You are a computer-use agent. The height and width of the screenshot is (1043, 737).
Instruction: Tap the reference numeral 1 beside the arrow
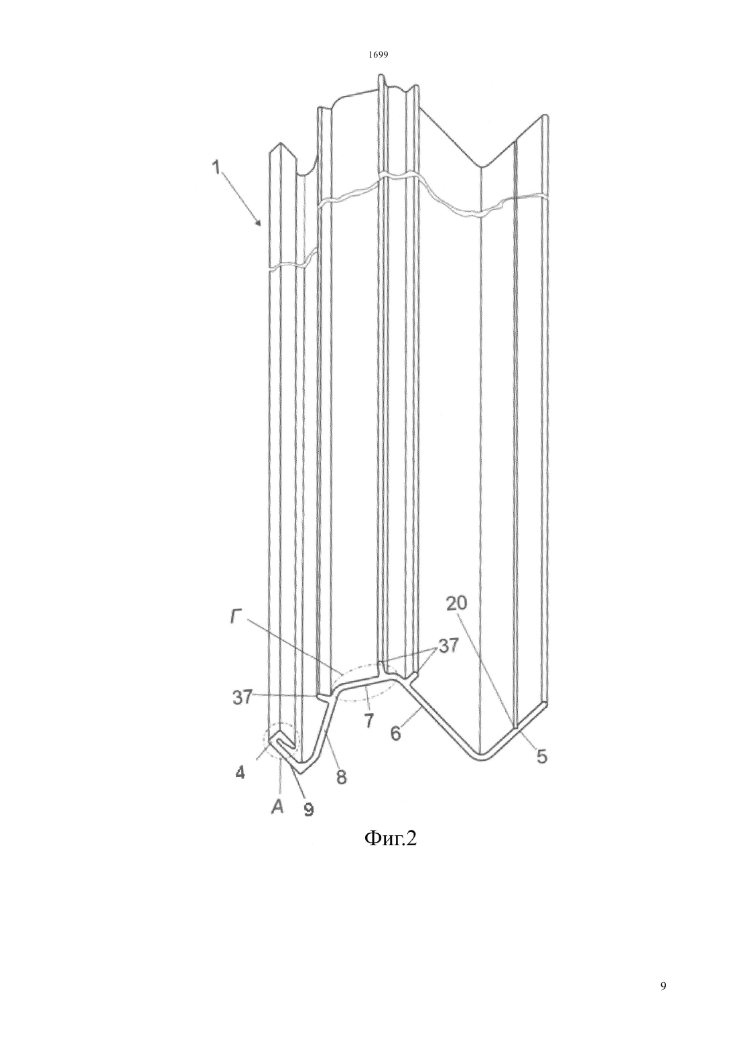pyautogui.click(x=216, y=167)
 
